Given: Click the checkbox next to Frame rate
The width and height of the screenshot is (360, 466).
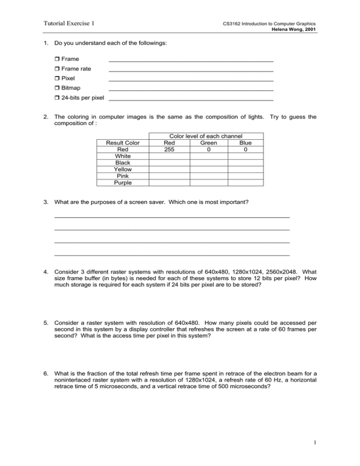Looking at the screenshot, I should (x=57, y=69).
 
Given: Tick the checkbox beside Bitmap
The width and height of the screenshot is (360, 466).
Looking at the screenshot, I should (x=57, y=88).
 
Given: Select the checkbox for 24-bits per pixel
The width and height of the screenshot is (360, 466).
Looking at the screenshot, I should (x=57, y=98).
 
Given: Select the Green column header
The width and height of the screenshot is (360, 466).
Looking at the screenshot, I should (x=208, y=143).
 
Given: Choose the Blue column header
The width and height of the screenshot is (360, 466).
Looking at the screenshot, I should (x=245, y=143).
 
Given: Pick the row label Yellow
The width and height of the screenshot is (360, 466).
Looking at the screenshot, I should (x=122, y=169).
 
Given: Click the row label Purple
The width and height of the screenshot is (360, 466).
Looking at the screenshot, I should (x=122, y=182).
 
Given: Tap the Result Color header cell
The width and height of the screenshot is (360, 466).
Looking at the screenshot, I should (x=122, y=143).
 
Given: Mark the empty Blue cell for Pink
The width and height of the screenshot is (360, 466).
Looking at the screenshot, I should (x=245, y=176).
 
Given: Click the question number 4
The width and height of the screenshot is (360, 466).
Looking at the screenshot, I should (x=45, y=271).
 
